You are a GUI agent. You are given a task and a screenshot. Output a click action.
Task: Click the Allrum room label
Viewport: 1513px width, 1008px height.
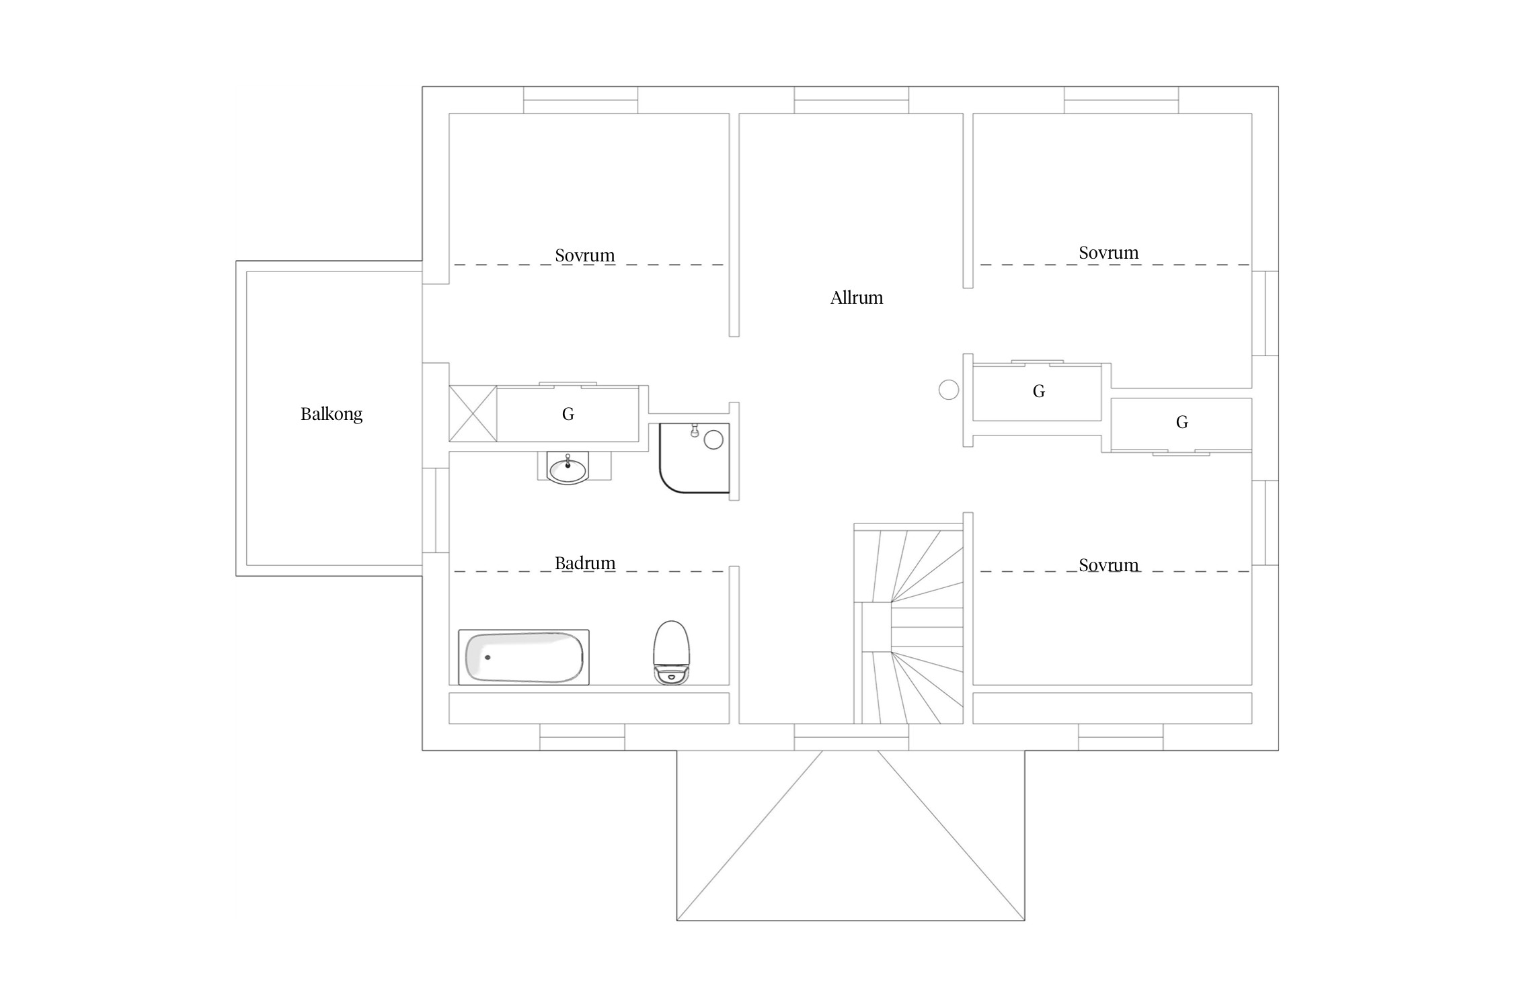point(856,298)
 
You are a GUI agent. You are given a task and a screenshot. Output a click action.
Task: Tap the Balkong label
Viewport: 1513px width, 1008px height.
point(332,414)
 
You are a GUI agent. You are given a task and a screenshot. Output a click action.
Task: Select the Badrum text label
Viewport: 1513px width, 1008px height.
point(585,562)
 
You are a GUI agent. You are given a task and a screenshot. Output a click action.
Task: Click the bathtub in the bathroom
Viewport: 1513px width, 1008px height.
point(524,657)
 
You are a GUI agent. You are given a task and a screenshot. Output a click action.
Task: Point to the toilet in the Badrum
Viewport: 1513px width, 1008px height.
point(672,652)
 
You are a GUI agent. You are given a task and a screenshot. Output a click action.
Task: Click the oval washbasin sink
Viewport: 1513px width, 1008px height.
point(568,468)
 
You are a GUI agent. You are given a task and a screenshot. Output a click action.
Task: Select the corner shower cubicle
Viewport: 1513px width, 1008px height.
point(694,458)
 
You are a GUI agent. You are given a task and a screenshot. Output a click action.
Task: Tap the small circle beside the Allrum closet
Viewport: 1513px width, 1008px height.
point(948,390)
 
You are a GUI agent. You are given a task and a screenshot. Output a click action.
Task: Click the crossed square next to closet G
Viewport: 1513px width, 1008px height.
point(473,413)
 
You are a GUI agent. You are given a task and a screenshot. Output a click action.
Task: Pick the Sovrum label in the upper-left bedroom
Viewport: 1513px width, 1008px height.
point(585,255)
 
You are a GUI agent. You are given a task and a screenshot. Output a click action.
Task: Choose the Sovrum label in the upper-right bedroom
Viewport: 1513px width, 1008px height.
point(1109,253)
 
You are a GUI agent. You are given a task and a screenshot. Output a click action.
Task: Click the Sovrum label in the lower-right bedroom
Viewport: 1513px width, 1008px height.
point(1109,565)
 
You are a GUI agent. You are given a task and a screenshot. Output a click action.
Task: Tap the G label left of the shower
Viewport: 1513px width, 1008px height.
point(568,415)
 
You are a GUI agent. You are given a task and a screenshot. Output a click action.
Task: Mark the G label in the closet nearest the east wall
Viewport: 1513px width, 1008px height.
point(1182,422)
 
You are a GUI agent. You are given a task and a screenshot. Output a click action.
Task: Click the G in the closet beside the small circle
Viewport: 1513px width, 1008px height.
point(1039,391)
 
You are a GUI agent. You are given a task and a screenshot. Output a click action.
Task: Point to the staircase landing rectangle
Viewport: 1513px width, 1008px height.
point(877,627)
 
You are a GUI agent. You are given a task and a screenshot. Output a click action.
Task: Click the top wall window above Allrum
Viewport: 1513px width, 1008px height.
point(851,100)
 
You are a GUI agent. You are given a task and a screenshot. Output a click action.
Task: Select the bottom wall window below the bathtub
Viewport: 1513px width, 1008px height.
point(582,737)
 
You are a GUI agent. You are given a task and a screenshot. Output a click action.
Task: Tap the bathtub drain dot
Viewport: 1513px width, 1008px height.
point(488,657)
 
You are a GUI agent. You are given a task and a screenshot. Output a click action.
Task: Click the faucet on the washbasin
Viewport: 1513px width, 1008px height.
point(568,460)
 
